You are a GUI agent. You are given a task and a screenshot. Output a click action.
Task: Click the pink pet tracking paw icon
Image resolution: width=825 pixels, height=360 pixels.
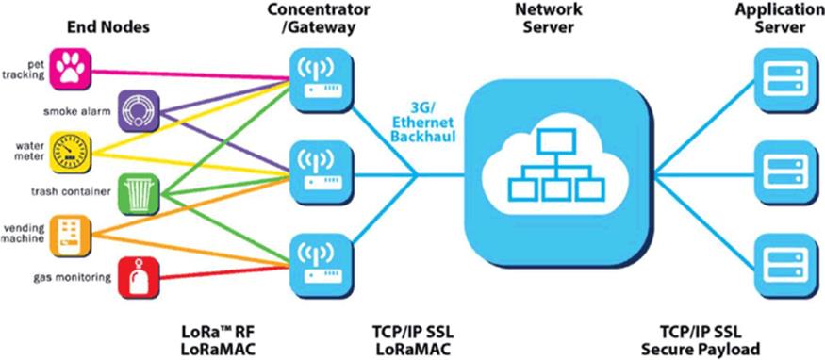(71, 70)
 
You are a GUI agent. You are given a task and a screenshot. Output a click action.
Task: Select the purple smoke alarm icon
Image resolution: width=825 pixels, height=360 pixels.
(139, 110)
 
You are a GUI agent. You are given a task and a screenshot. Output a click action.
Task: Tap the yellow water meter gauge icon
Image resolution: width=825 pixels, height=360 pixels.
(71, 153)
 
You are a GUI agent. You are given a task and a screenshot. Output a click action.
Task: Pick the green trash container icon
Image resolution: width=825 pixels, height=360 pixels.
(139, 194)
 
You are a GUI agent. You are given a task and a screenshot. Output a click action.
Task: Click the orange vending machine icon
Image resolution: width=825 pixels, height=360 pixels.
(71, 236)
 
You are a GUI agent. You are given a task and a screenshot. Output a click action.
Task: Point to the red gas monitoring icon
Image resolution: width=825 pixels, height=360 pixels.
(139, 277)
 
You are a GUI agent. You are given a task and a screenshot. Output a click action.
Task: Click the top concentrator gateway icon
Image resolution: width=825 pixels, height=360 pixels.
(321, 80)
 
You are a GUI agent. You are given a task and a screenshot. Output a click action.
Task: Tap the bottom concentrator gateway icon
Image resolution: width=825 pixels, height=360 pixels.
(321, 266)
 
